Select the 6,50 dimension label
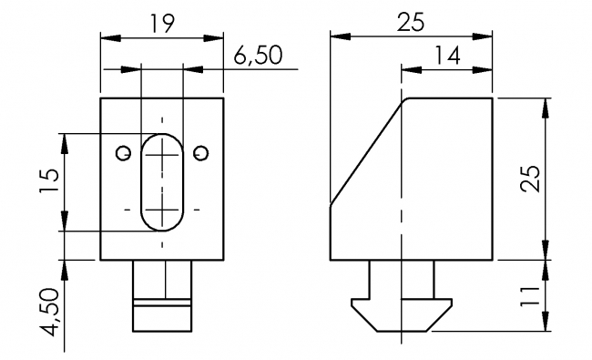[x=258, y=55]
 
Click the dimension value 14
[x=446, y=55]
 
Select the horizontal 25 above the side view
[x=412, y=23]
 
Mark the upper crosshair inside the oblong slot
[x=163, y=158]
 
